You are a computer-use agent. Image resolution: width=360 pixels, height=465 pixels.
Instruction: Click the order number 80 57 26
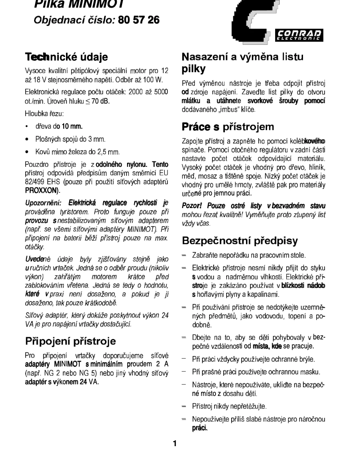[138, 20]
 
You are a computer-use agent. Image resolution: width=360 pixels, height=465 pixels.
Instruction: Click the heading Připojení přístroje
[70, 340]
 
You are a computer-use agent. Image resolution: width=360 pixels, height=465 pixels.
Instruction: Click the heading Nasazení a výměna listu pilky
[242, 63]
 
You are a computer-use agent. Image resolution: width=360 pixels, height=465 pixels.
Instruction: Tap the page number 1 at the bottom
[175, 444]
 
